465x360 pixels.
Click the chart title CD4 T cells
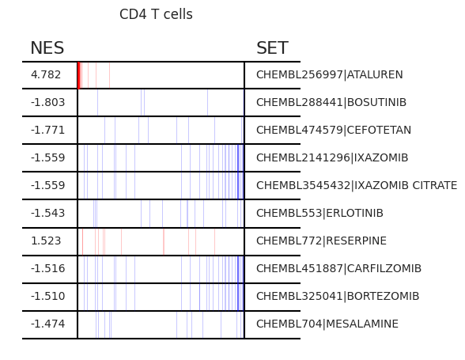tap(156, 14)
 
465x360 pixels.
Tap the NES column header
tap(47, 47)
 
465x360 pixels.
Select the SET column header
tap(272, 47)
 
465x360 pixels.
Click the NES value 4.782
tap(46, 74)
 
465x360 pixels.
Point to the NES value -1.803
tap(47, 102)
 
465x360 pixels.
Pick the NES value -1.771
tap(47, 130)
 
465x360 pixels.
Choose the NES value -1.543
tap(47, 213)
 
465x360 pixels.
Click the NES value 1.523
tap(46, 241)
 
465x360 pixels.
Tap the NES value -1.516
tap(47, 268)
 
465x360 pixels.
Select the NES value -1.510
tap(47, 296)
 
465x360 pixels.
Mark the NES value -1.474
tap(47, 324)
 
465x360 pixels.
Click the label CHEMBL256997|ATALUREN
tap(330, 74)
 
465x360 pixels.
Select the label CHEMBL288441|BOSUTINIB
tap(331, 102)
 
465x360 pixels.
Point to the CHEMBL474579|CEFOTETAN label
tap(334, 130)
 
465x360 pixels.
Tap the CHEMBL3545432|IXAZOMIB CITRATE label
tap(357, 185)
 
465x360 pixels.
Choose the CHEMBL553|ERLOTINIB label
tap(319, 213)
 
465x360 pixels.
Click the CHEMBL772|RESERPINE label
tap(321, 241)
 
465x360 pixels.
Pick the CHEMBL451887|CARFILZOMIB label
tap(338, 268)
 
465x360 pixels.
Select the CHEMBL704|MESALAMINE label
tap(327, 324)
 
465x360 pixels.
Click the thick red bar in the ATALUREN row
tap(79, 75)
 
